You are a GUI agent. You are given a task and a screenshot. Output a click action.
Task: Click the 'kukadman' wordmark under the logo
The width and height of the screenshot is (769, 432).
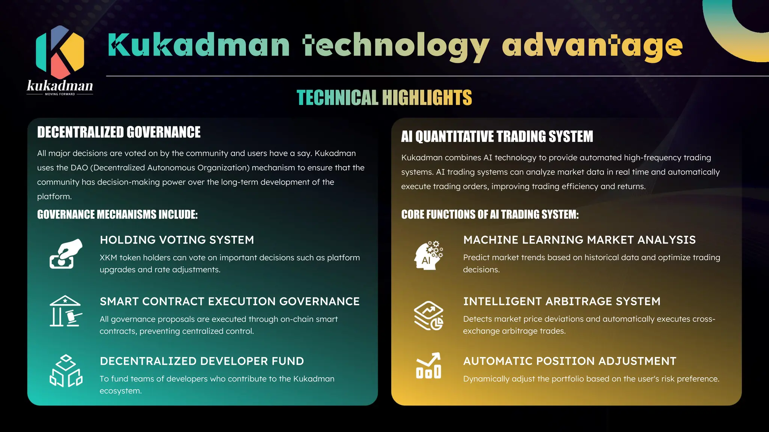[60, 86]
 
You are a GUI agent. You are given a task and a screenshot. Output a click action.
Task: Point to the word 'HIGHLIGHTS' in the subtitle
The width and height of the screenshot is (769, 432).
[427, 98]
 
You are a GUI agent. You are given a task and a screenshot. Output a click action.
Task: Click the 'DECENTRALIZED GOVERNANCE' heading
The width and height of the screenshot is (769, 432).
[119, 132]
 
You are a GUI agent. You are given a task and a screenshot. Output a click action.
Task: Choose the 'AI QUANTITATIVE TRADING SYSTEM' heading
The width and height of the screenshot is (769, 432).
[497, 136]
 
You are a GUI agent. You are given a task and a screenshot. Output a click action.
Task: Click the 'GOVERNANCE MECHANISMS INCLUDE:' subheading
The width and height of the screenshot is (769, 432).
[117, 214]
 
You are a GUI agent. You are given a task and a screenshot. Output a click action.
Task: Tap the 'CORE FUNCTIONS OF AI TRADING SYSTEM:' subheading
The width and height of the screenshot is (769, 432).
[490, 214]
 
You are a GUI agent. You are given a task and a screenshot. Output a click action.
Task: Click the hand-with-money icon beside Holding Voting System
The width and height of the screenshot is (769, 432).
[66, 254]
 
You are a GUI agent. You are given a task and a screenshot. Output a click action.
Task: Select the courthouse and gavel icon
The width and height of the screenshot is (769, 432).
[66, 311]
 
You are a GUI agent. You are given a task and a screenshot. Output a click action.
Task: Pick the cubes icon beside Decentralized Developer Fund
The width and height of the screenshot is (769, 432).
[66, 371]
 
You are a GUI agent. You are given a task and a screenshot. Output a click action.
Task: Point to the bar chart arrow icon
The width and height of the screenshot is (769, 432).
[428, 366]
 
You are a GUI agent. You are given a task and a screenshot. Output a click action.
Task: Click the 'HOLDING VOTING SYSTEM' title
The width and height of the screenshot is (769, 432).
[177, 240]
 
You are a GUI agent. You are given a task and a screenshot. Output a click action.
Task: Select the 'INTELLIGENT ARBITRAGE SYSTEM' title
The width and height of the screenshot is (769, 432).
[562, 301]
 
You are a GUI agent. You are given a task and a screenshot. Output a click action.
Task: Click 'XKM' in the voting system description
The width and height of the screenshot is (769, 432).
[108, 258]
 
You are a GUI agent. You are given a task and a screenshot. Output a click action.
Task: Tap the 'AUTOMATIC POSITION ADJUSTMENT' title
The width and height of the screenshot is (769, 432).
[570, 361]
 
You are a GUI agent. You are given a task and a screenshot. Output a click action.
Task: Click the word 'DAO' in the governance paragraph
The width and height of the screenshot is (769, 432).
[79, 168]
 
